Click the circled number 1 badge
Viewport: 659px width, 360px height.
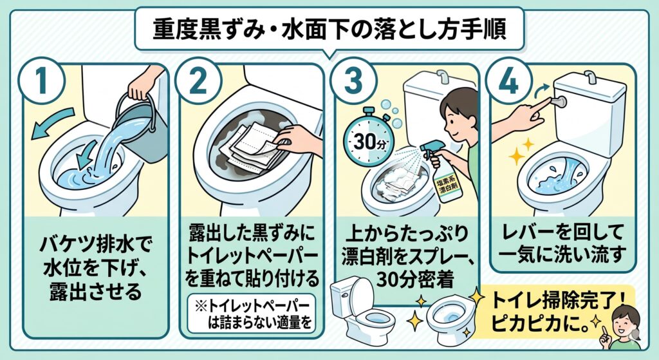pyautogui.click(x=41, y=81)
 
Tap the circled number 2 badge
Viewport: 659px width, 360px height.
pyautogui.click(x=198, y=81)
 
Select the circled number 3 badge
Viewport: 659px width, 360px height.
pyautogui.click(x=353, y=81)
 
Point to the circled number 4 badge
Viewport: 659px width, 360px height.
pyautogui.click(x=508, y=81)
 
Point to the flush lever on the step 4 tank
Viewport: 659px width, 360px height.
pyautogui.click(x=559, y=101)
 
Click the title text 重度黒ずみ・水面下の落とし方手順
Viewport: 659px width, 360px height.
pyautogui.click(x=329, y=30)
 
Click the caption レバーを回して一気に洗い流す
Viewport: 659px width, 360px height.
pyautogui.click(x=563, y=243)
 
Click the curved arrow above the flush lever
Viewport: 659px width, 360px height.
pyautogui.click(x=544, y=88)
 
